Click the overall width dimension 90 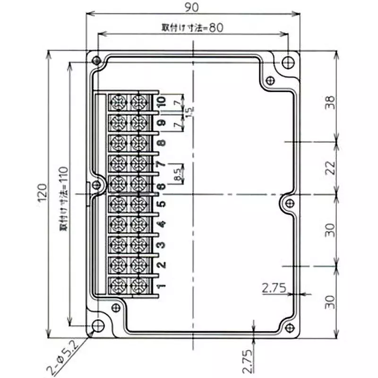(x=193, y=7)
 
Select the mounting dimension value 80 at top (x=215, y=27)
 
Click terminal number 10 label (x=162, y=101)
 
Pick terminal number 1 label (x=161, y=286)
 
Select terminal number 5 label (x=161, y=204)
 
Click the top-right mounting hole (x=287, y=62)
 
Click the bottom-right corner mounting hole (x=287, y=326)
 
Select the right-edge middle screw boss (x=288, y=203)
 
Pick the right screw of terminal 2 (x=138, y=265)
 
